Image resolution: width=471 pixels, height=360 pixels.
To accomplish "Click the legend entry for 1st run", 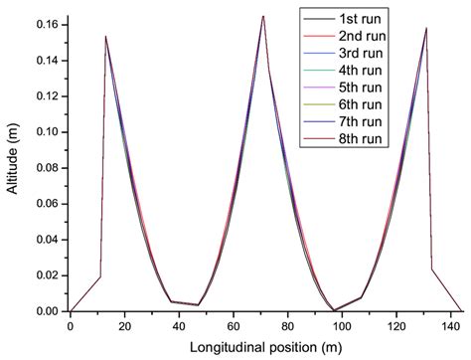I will pos(362,19).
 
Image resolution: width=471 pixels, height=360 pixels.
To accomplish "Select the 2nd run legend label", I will pos(362,38).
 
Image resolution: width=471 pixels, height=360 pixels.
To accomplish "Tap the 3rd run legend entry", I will pos(362,57).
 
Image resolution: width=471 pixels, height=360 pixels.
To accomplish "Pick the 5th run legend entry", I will pos(362,94).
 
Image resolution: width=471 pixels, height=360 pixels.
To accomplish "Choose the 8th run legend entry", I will pos(362,151).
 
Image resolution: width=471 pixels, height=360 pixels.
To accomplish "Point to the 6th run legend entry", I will pos(362,113).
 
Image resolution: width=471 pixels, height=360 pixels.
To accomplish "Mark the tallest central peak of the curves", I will pos(262,16).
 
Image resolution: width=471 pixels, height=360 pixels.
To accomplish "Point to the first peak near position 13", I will pos(105,37).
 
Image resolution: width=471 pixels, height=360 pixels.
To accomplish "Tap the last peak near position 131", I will pos(426,28).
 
